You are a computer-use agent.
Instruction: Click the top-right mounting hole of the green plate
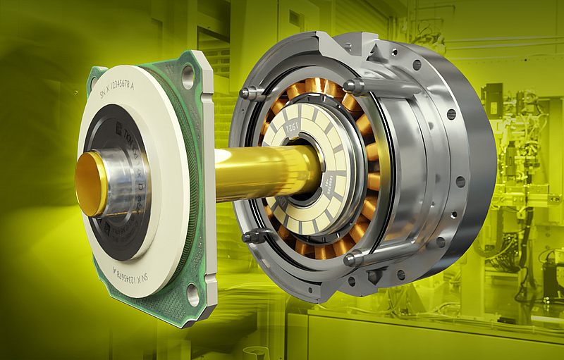coord(187,75)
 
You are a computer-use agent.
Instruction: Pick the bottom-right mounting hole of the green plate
coord(192,296)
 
